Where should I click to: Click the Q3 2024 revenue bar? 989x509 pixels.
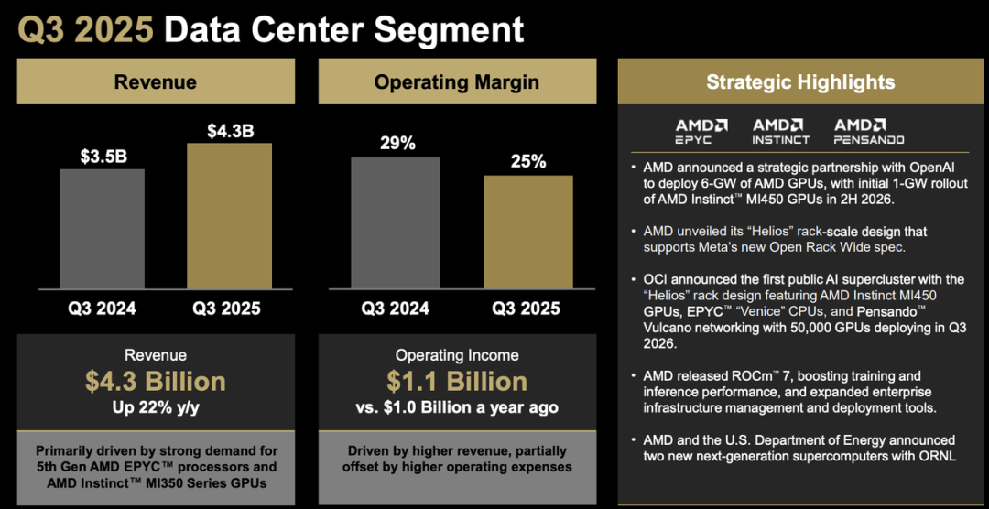102,229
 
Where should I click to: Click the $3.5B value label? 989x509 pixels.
103,156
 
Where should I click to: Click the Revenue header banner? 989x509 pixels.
155,82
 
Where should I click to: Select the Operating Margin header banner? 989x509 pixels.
457,82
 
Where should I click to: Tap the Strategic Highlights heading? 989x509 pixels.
800,82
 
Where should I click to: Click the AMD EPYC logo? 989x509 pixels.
701,131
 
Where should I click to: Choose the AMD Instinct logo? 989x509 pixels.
780,131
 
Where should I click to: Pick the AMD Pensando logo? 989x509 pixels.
868,131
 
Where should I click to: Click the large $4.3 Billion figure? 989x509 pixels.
155,381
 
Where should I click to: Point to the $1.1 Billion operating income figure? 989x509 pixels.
457,381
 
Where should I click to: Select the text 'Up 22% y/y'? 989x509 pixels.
155,407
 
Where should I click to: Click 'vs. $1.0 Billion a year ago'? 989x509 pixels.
457,407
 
